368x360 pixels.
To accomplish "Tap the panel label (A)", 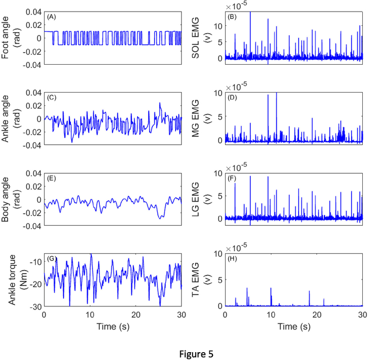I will [51, 17].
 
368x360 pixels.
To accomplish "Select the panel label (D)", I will [232, 98].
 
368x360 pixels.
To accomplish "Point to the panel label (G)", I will [52, 259].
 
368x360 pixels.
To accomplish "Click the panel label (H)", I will [232, 259].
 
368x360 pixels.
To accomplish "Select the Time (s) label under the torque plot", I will [114, 326].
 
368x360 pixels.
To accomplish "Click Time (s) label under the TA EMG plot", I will [294, 326].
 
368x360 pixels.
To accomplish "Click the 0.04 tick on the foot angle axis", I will [33, 12].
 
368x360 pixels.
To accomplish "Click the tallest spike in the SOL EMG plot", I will [250, 13].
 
